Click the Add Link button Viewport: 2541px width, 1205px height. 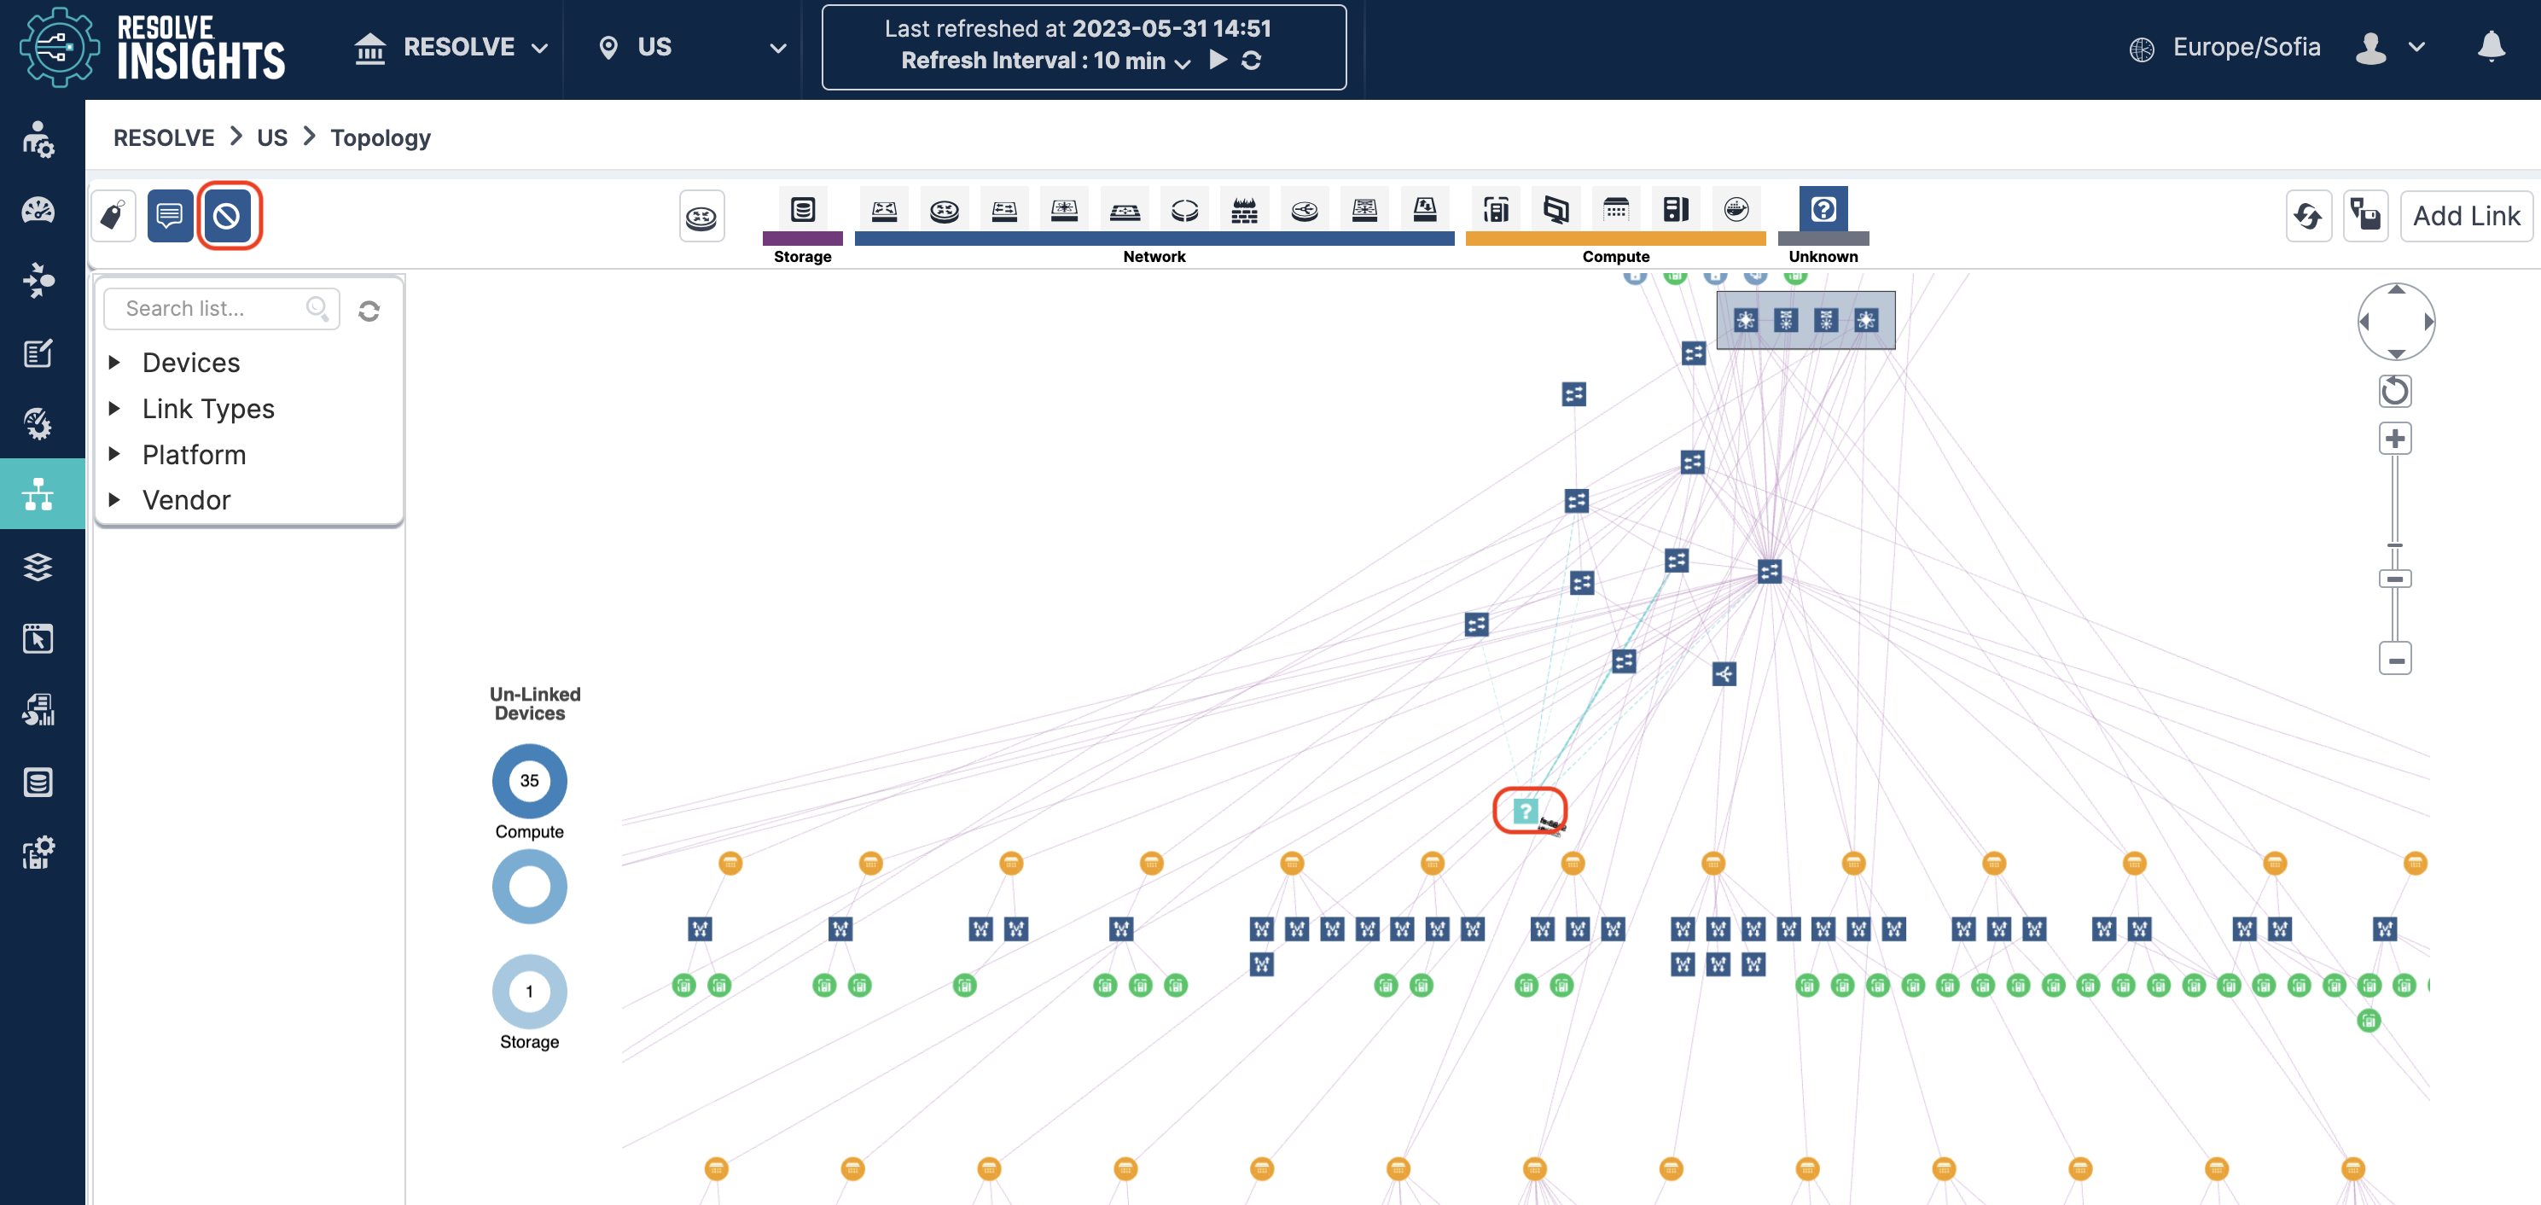[2465, 216]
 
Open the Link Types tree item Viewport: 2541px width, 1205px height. [208, 409]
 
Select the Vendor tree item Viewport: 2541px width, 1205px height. [185, 500]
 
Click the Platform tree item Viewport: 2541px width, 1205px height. [194, 454]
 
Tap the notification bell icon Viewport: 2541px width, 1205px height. [2491, 46]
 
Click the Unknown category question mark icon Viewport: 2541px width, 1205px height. [1823, 209]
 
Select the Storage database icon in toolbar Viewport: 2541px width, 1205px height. [803, 209]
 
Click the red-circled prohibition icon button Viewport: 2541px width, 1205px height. [227, 215]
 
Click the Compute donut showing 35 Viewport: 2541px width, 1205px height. [530, 781]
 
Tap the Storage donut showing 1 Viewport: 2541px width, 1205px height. [530, 992]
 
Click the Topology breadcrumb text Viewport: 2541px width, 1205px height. [381, 137]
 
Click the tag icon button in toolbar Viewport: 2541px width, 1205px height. [113, 215]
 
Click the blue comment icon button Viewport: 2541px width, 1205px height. [170, 215]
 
